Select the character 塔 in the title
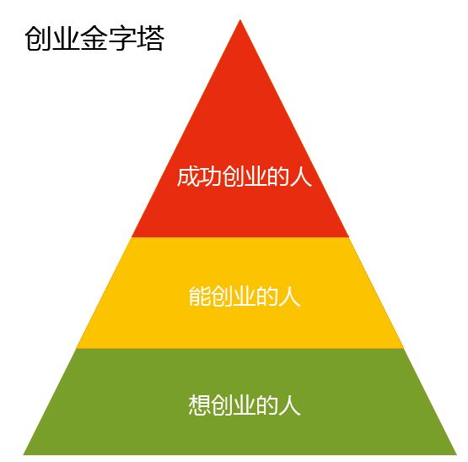point(150,39)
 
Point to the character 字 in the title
point(122,39)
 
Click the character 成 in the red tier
point(188,177)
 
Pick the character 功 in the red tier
point(211,177)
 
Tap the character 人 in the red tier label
point(300,177)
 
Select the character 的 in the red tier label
point(278,177)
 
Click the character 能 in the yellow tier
point(199,296)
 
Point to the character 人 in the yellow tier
point(289,296)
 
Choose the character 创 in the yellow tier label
point(222,296)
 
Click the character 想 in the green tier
point(199,405)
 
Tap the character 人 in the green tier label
point(289,405)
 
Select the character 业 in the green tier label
point(245,405)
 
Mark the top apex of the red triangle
point(240,20)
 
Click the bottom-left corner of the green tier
point(24,455)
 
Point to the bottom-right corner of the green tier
point(457,455)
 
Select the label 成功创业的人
point(245,177)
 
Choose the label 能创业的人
point(245,296)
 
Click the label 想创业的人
point(245,405)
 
